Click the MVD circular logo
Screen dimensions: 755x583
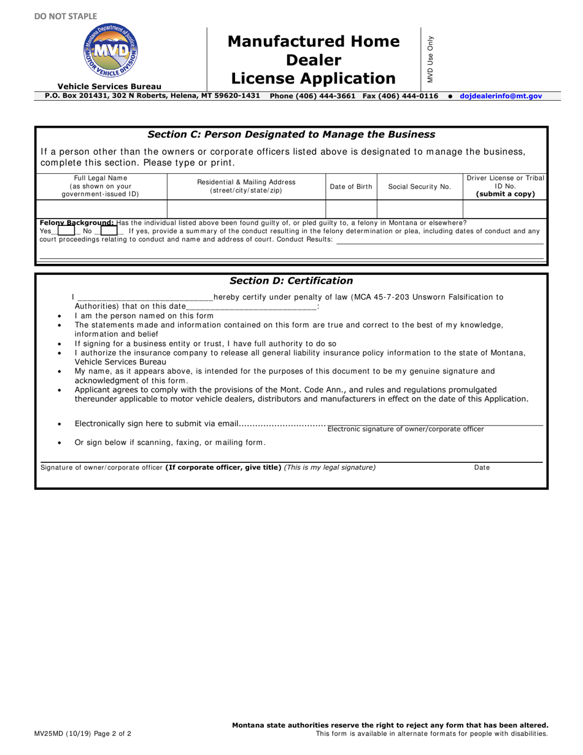point(110,52)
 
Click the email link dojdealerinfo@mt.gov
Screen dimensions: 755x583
point(501,96)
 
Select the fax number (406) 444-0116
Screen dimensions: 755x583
point(409,96)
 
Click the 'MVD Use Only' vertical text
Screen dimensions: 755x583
point(430,59)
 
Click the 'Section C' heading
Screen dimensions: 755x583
point(291,134)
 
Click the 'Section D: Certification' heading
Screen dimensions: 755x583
point(291,281)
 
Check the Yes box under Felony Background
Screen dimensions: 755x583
point(66,231)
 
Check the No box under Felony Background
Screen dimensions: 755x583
point(109,231)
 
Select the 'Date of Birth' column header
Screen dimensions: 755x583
point(350,187)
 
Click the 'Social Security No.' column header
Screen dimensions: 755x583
point(419,187)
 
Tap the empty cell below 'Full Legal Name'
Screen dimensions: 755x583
point(101,209)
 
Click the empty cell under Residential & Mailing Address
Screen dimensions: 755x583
point(245,209)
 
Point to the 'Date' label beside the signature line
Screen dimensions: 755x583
point(482,468)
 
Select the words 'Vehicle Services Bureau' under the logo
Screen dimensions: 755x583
point(109,87)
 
